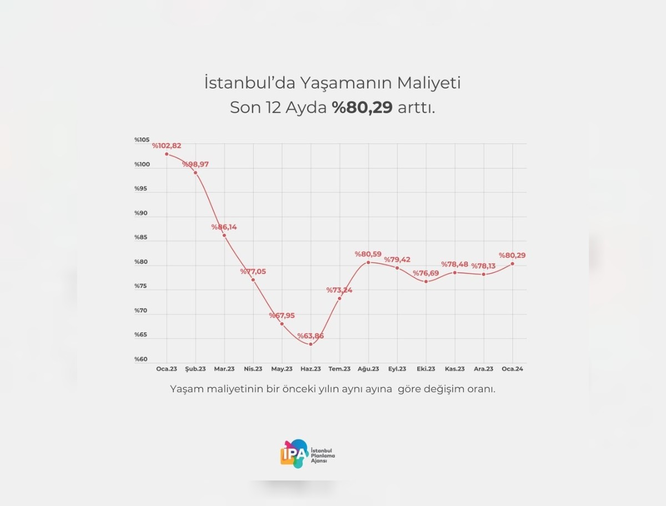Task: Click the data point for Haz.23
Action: [x=311, y=344]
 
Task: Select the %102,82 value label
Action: [x=167, y=146]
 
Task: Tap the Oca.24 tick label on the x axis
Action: [x=512, y=369]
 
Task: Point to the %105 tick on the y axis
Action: [x=142, y=140]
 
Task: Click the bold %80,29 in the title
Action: [x=362, y=108]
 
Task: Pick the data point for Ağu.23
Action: [x=368, y=262]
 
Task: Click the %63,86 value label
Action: [x=310, y=336]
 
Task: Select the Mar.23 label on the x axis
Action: [x=224, y=369]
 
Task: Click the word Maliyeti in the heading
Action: [x=428, y=84]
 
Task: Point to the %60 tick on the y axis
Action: [x=141, y=360]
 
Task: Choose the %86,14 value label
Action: [x=224, y=227]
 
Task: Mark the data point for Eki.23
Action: [x=426, y=281]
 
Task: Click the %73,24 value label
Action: [x=339, y=290]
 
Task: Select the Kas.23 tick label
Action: [x=455, y=369]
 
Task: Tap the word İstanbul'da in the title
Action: [x=250, y=84]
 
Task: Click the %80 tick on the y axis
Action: [x=141, y=262]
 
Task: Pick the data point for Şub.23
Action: [x=195, y=173]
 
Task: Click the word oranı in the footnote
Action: [x=480, y=389]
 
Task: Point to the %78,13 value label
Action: [x=483, y=266]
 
